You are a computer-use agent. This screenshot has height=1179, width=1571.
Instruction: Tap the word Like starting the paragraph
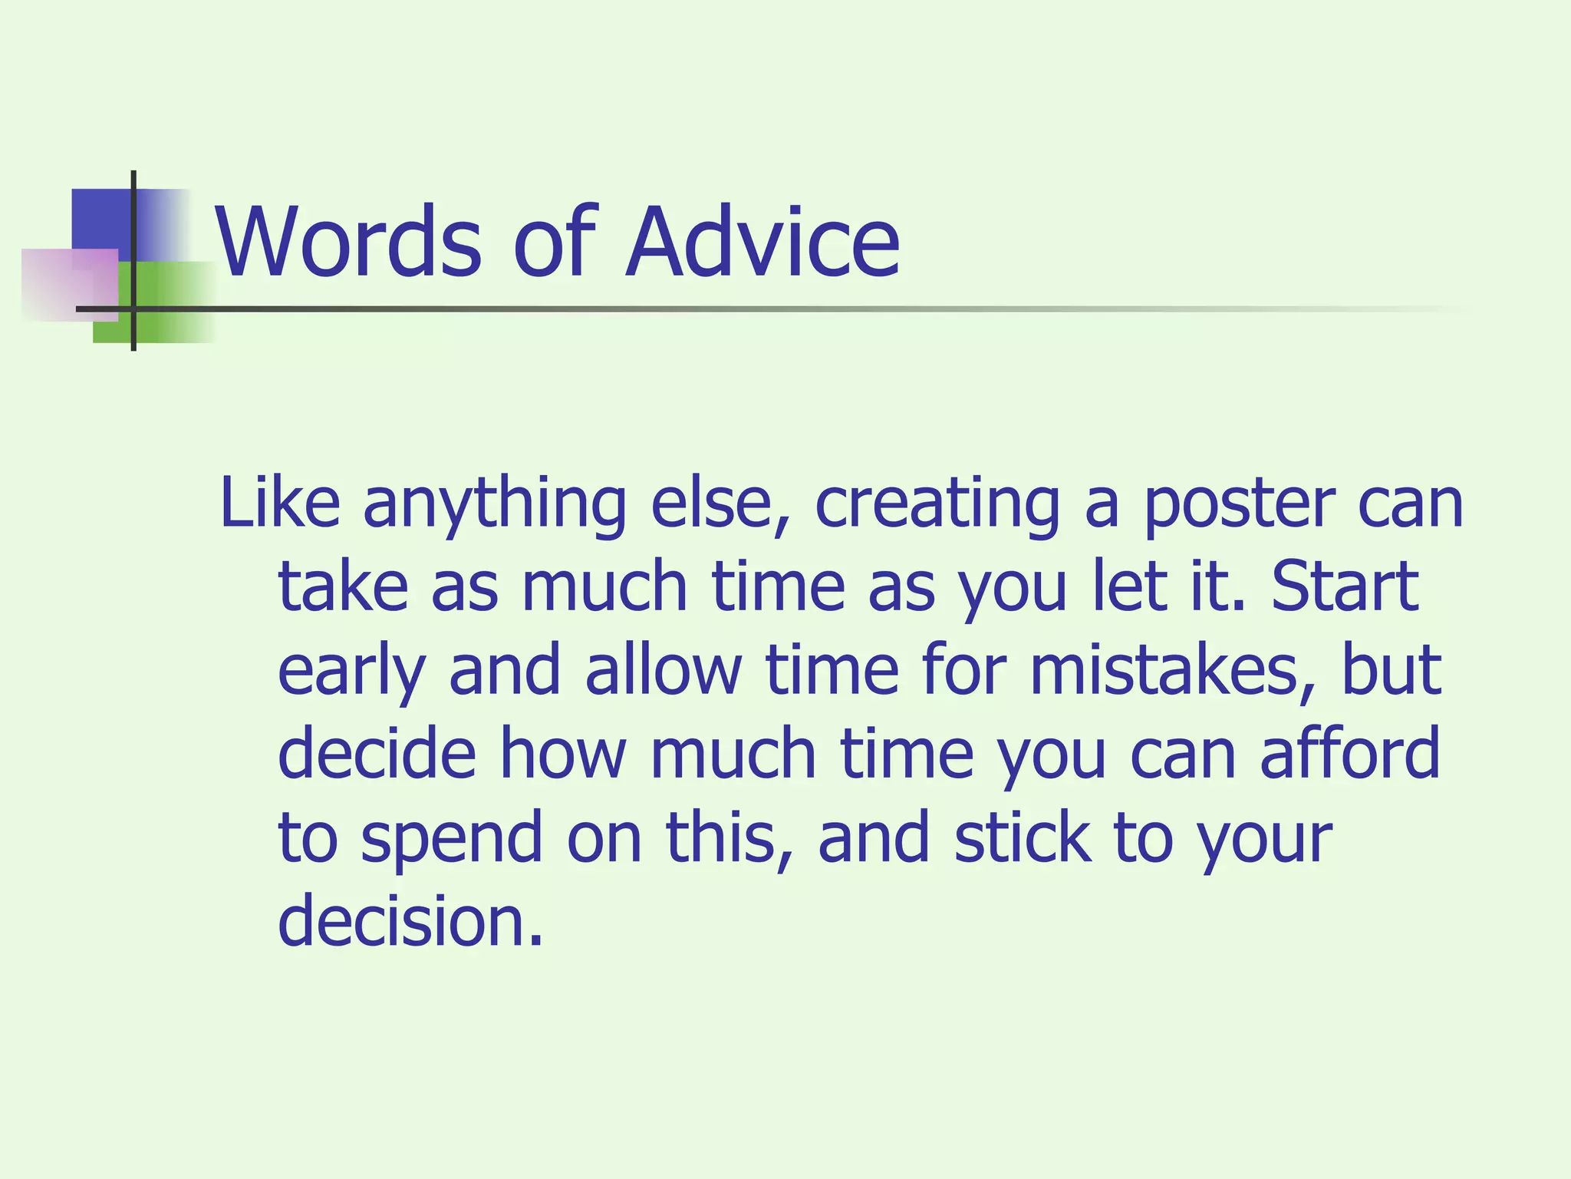coord(279,504)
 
